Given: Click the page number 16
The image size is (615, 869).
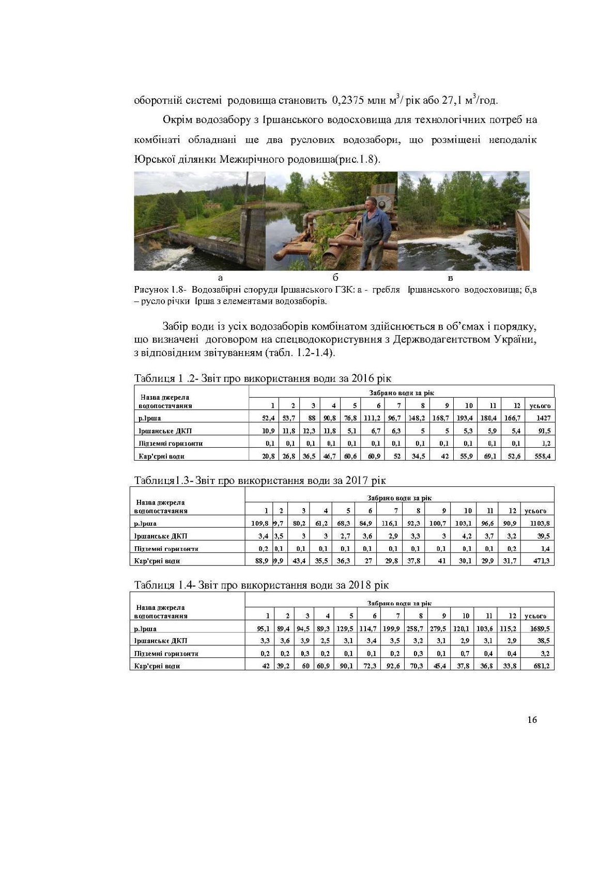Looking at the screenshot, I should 532,720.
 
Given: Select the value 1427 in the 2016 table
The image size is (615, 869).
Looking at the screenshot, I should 543,418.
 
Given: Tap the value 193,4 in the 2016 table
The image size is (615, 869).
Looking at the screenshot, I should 465,418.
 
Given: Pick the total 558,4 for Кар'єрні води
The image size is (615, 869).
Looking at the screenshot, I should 541,456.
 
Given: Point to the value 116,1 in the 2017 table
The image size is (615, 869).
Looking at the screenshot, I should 389,523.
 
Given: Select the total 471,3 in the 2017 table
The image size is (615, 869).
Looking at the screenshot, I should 541,561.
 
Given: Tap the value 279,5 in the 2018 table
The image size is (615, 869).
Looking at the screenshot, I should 438,628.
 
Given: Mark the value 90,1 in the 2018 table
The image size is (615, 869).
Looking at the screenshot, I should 346,666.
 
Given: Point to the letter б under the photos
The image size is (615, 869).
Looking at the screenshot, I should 335,278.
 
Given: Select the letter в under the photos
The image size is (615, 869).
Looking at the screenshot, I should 451,278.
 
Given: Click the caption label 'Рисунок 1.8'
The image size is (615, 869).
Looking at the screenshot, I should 156,290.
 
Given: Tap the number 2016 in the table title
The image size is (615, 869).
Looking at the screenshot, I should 362,378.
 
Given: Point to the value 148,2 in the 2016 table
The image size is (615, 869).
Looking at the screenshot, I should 416,418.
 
